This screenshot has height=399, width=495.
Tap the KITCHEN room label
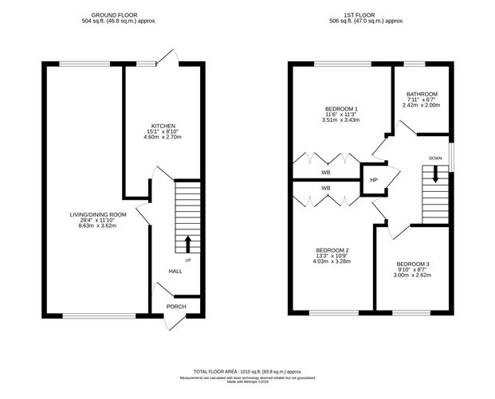coord(163,124)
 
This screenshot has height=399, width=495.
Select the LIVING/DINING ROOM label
coord(98,214)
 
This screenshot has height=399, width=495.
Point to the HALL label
coord(175,271)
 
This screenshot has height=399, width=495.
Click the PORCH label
coord(175,307)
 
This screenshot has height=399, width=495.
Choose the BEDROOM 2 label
coord(331,251)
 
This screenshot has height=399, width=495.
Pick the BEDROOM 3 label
coord(413,264)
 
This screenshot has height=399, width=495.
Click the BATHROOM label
coord(421,94)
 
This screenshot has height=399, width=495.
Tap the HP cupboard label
coord(373,180)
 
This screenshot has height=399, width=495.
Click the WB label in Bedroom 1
coord(326,172)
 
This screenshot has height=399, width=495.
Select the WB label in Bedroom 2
coord(326,188)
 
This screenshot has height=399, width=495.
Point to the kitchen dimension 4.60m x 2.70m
coord(163,137)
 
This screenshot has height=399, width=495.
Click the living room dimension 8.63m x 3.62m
coord(98,227)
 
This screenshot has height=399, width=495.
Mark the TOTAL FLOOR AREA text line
coord(247,371)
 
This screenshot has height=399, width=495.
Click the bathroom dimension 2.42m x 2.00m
coord(421,106)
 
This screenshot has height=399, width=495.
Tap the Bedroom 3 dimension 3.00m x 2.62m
coord(413,276)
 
